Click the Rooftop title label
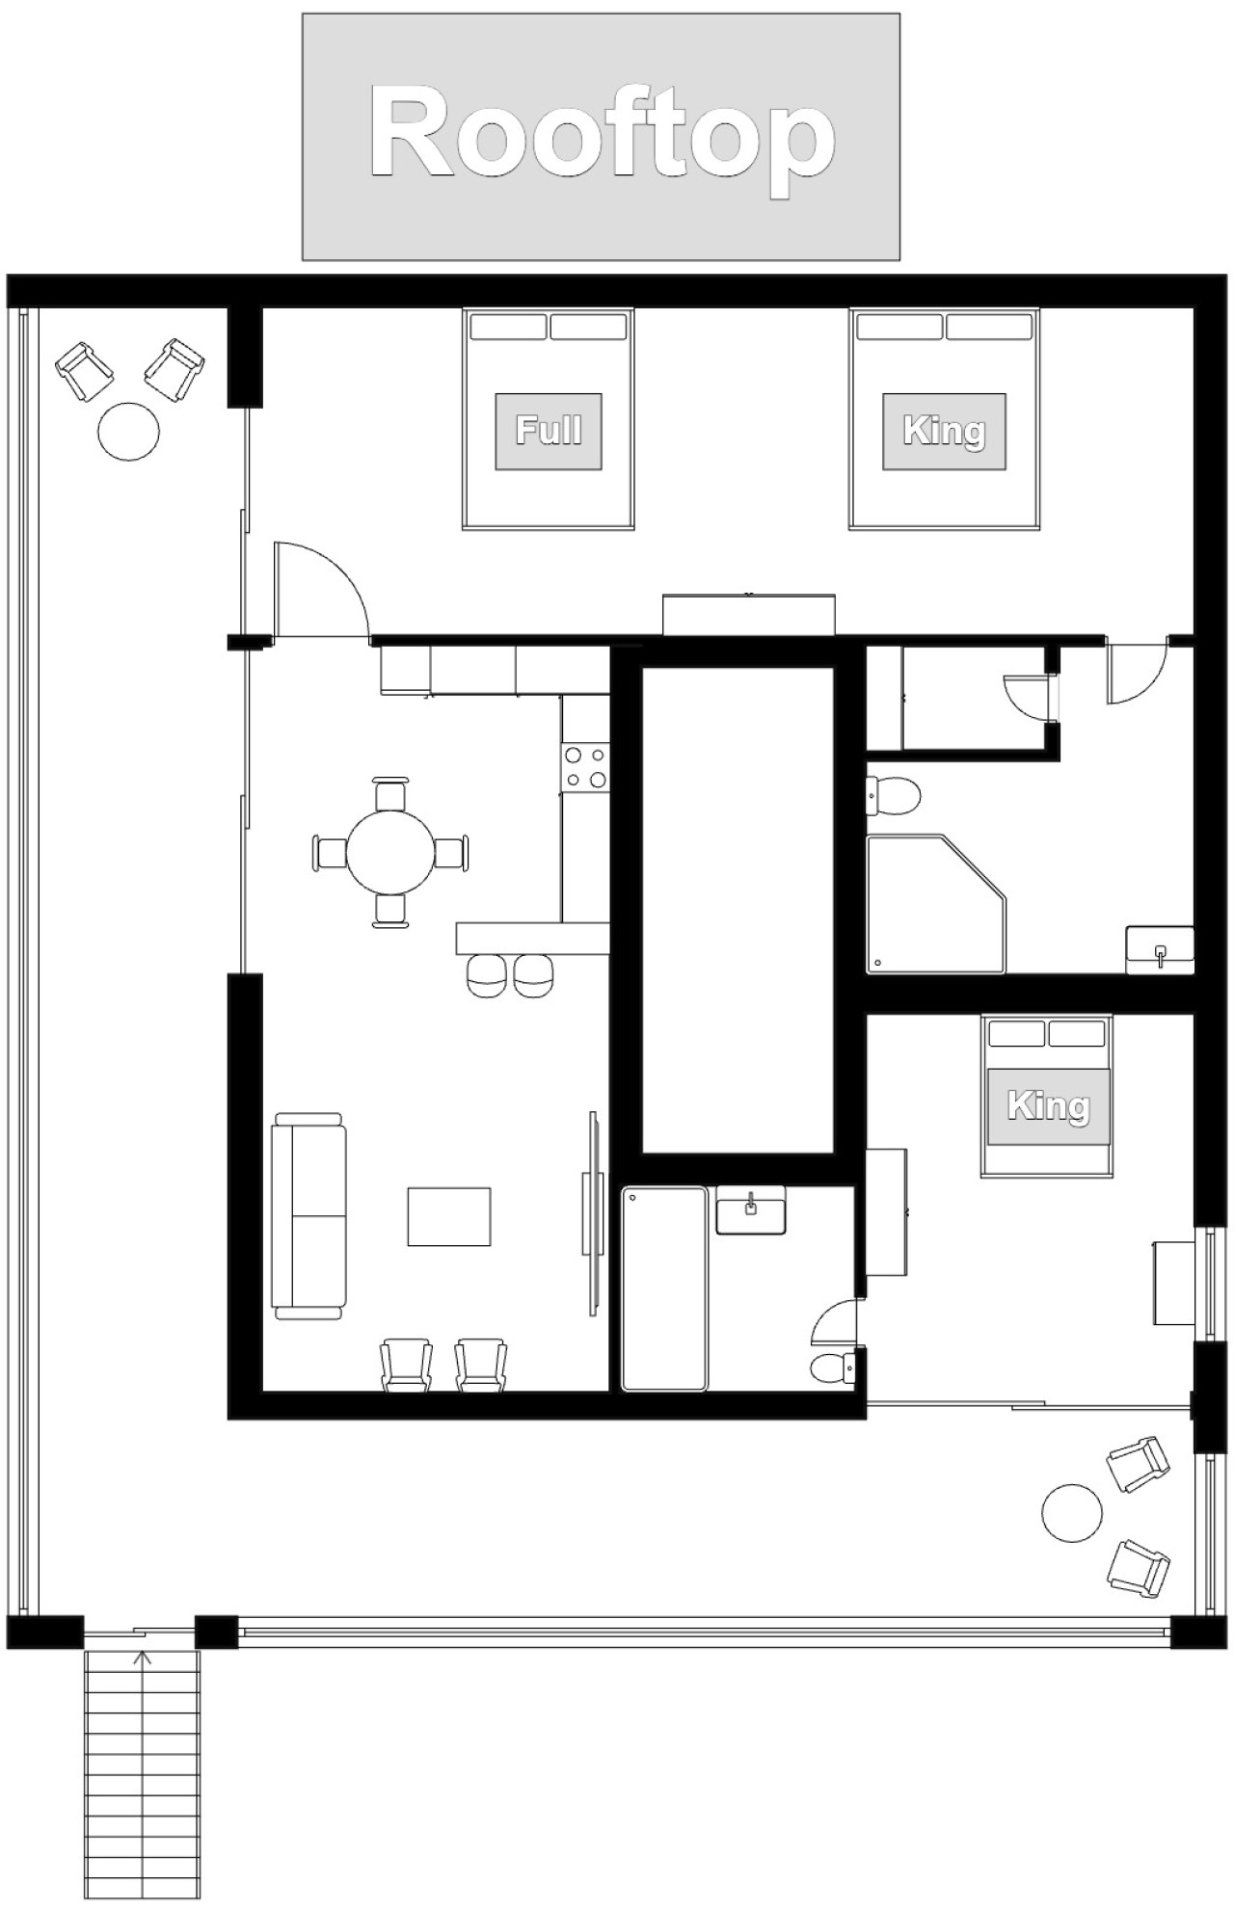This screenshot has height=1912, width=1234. click(601, 137)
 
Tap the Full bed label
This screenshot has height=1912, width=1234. click(549, 431)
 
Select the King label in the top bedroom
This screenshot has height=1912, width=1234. click(944, 431)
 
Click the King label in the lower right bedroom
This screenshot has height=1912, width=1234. click(1047, 1105)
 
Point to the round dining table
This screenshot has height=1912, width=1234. click(391, 853)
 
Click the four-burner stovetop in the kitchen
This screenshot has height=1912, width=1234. click(585, 767)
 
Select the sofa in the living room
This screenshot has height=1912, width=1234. click(309, 1216)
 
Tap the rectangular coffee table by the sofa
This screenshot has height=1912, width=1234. click(448, 1217)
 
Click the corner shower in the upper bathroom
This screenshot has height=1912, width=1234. click(936, 904)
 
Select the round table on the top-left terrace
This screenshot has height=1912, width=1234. click(129, 431)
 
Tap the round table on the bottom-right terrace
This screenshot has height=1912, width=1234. click(1072, 1512)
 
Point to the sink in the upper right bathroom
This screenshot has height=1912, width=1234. click(1161, 951)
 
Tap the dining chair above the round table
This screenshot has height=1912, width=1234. click(390, 793)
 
